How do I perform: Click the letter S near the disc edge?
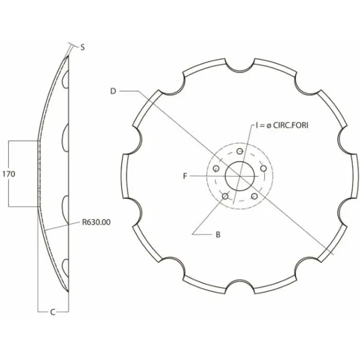coord(83,47)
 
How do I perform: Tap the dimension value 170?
coord(9,174)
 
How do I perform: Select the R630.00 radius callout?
coord(96,222)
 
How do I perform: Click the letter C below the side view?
coord(53,312)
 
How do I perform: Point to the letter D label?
coord(113,91)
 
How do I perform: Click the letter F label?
coord(185,176)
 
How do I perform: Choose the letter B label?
coord(218,235)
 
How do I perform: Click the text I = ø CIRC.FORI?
coord(282,125)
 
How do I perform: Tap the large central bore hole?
coord(240,176)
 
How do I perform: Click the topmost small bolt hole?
coord(240,151)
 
